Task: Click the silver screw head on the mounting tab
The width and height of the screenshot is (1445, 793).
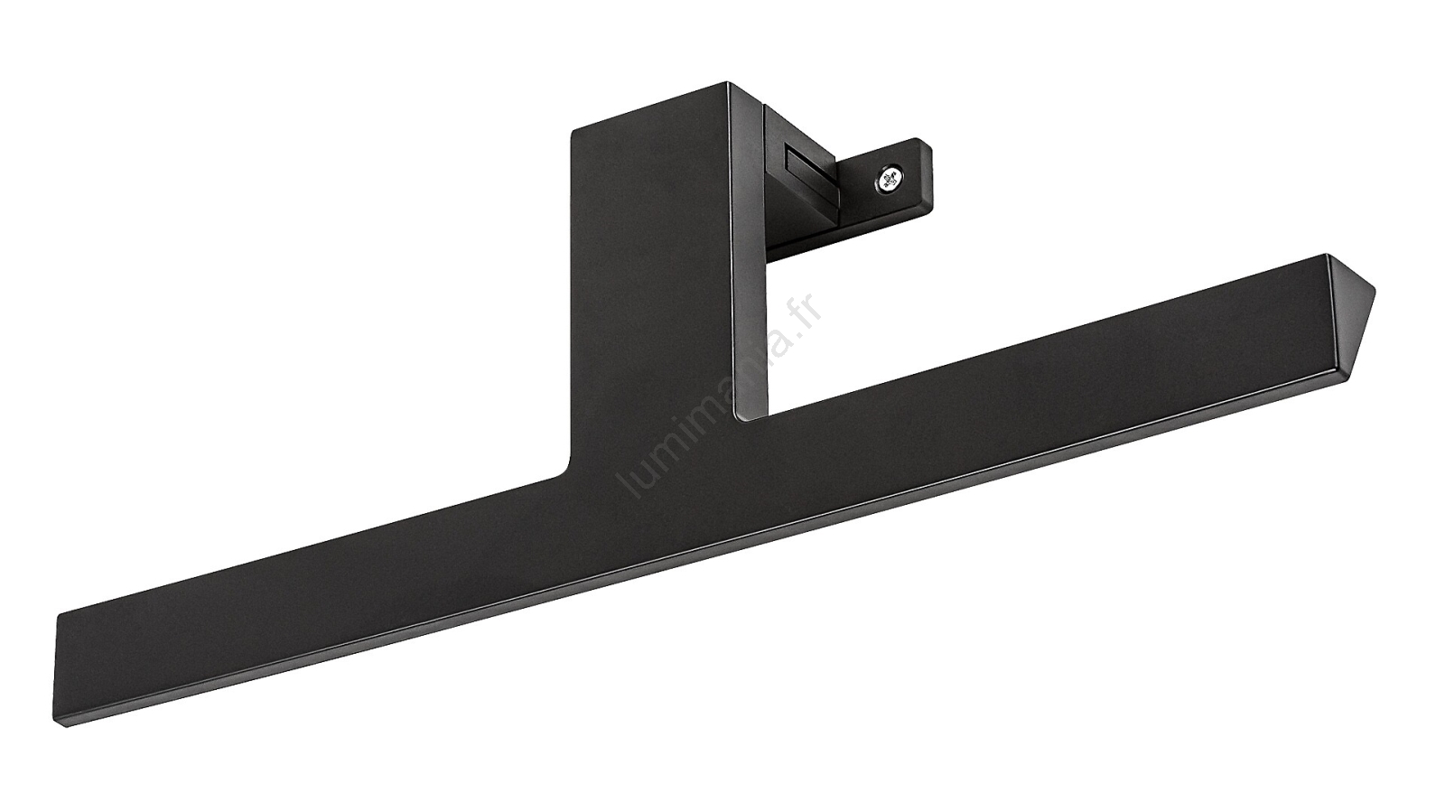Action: [889, 180]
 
